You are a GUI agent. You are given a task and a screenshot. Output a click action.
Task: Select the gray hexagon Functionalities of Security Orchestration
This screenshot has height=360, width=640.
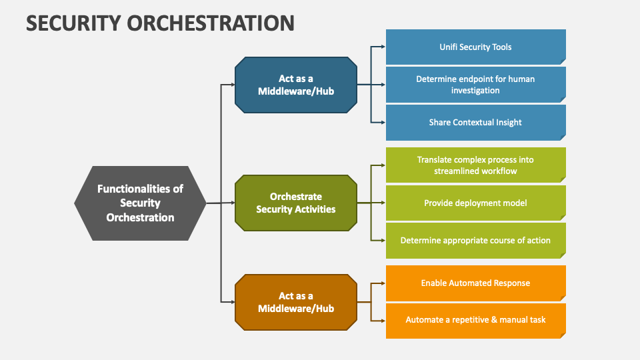tap(140, 203)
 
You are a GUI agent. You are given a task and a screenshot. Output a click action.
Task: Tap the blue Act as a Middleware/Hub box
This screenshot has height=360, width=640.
tap(296, 85)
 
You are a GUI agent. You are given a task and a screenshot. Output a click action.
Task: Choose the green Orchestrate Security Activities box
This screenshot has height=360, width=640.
tap(296, 203)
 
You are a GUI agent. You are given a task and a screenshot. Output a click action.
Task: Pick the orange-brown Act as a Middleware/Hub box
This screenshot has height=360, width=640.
tap(296, 302)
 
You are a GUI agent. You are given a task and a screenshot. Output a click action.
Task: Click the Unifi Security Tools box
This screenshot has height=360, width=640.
tap(475, 47)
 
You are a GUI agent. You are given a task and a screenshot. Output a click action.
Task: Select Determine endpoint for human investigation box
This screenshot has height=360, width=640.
tap(475, 85)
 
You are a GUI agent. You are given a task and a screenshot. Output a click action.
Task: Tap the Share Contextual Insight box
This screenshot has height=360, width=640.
tap(475, 122)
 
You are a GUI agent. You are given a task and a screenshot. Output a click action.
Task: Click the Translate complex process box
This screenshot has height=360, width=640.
tap(475, 165)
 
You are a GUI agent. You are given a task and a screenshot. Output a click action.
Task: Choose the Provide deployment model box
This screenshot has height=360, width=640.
tap(475, 203)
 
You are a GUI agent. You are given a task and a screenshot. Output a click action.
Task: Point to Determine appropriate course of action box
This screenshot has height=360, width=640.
tap(475, 240)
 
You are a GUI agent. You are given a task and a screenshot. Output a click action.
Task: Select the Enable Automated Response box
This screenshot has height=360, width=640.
tap(475, 283)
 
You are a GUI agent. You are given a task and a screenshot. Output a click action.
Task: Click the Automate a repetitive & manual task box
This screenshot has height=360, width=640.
tap(475, 320)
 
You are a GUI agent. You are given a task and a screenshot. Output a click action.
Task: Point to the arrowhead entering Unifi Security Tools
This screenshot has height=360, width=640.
tap(382, 47)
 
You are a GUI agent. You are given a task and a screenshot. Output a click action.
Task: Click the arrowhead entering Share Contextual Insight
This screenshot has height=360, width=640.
tap(382, 122)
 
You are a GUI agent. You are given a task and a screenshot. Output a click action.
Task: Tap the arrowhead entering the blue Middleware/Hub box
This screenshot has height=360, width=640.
tap(231, 85)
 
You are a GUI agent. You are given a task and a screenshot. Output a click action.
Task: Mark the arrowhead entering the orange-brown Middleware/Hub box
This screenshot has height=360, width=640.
tap(231, 302)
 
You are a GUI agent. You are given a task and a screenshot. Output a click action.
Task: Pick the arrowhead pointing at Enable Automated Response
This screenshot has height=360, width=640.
tap(382, 283)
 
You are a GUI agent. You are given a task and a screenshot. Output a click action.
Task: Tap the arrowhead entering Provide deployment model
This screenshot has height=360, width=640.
tap(382, 203)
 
